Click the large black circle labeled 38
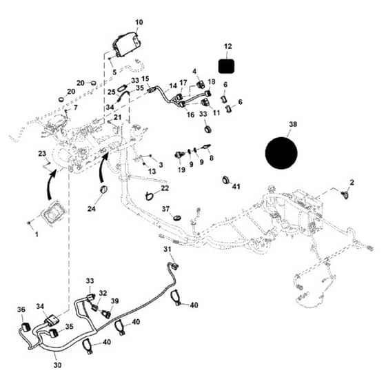tap(281, 153)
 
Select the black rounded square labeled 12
tap(227, 66)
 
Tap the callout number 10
tap(139, 22)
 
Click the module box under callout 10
tap(127, 44)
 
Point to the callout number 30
tap(57, 365)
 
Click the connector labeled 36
tap(26, 327)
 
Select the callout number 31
tap(167, 249)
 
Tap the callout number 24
tap(91, 209)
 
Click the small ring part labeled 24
tap(103, 190)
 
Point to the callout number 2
tap(352, 183)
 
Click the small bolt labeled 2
tap(345, 195)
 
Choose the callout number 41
tap(236, 187)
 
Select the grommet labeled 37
tap(176, 218)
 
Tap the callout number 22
tap(165, 188)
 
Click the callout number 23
tap(42, 154)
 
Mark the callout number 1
tap(37, 234)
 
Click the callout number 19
tap(181, 170)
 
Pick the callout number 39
tap(114, 301)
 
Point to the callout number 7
tap(75, 108)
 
